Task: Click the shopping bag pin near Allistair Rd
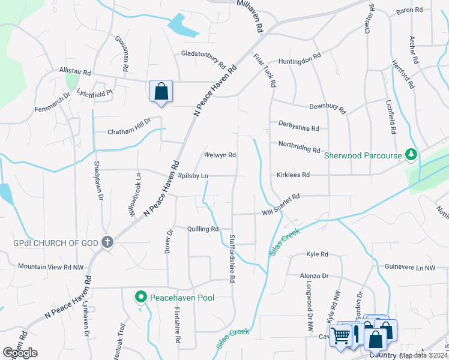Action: point(161,92)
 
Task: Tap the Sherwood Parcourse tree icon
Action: point(411,155)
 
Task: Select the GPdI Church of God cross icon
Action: point(107,242)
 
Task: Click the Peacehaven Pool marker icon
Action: point(140,296)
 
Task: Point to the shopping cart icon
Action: point(341,336)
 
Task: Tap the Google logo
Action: point(20,353)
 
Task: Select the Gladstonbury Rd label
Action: point(203,58)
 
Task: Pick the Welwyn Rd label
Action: point(220,155)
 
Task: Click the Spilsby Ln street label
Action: point(193,176)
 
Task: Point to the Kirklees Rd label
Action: point(294,175)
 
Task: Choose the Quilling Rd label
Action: point(202,229)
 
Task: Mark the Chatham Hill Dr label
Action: point(129,127)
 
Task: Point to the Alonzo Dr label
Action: point(315,275)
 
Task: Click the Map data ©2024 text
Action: point(423,355)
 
